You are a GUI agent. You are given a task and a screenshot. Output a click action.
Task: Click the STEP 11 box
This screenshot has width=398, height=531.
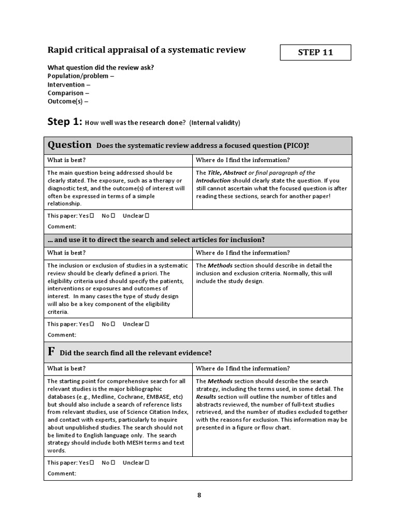(315, 52)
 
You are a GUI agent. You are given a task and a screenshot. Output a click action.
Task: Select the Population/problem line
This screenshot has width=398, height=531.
(80, 76)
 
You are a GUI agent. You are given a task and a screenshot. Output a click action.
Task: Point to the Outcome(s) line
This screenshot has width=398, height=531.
(68, 102)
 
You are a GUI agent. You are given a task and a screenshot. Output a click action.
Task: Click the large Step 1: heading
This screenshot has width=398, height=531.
(64, 122)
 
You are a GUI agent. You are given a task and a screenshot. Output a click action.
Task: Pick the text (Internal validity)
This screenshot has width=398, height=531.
(215, 123)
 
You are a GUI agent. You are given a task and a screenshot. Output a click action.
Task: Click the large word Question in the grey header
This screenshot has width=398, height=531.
(69, 145)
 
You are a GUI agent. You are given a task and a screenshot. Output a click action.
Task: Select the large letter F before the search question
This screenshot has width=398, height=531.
(51, 352)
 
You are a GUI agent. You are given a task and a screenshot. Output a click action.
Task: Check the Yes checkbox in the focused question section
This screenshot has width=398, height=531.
(92, 216)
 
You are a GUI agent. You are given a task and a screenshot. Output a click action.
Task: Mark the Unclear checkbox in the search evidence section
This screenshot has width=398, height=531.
(147, 463)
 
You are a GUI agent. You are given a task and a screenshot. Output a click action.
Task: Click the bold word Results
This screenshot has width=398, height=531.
(206, 397)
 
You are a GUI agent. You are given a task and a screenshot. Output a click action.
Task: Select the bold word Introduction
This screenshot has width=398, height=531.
(213, 180)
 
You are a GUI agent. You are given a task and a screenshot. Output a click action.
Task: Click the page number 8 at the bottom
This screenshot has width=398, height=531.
(199, 495)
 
